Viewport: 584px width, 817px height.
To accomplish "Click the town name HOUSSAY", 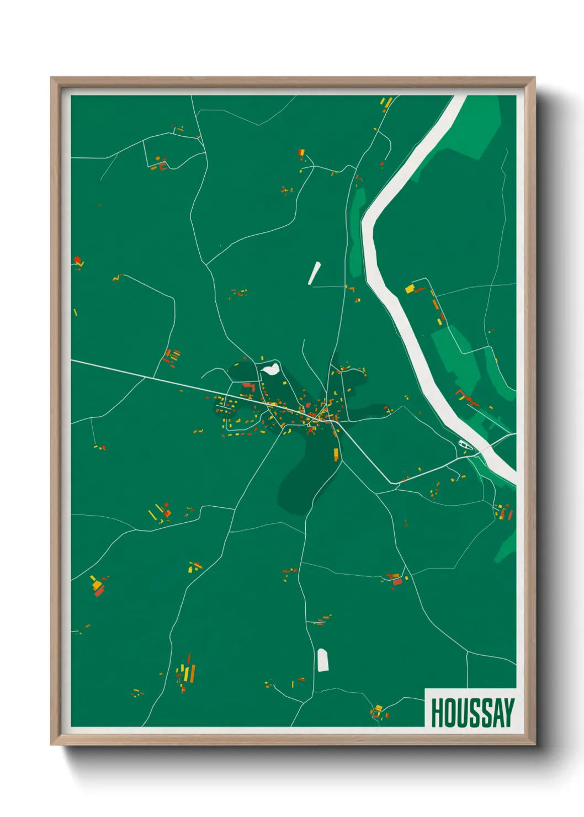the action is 472,713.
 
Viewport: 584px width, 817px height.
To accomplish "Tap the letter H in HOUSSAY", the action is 437,713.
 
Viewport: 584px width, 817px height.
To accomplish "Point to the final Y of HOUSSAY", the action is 508,713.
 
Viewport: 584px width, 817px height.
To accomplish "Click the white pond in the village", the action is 270,370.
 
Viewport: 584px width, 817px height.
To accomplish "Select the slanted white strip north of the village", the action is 314,273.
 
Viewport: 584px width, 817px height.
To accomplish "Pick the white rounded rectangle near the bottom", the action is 323,660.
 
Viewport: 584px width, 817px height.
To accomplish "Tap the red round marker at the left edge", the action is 77,259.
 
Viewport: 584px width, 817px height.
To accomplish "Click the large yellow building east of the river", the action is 410,288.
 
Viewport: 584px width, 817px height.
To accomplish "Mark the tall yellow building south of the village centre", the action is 336,454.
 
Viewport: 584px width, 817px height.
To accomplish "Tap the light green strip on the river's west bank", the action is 357,232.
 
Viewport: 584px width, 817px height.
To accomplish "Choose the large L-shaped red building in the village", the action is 249,386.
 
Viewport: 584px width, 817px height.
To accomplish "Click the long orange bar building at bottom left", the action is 193,673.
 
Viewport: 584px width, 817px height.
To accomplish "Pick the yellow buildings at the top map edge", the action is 386,103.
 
